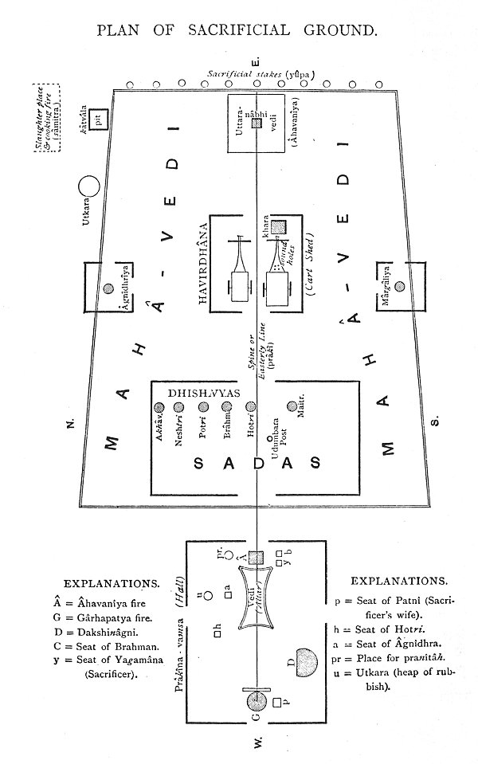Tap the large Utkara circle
tap(89, 186)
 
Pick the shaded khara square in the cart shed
tap(278, 228)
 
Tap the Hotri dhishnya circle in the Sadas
tap(251, 406)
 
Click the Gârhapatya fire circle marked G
tap(257, 701)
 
